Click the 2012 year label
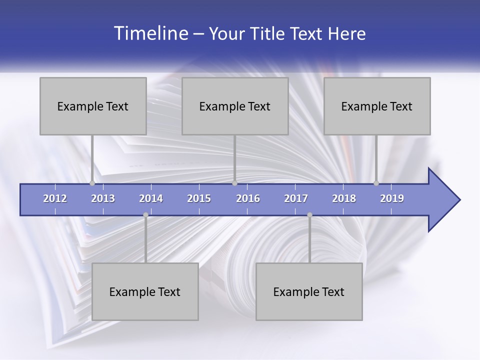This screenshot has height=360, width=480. (55, 198)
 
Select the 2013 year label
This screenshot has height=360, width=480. (103, 198)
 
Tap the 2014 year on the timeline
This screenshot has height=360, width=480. (151, 198)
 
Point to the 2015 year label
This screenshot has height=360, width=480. (199, 198)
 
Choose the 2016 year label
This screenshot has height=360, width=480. (248, 198)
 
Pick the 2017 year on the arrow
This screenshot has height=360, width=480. (296, 198)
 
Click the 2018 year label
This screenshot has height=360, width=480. (344, 198)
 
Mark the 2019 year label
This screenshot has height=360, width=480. (392, 198)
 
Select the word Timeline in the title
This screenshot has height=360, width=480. (150, 33)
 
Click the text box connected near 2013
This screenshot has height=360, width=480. (93, 106)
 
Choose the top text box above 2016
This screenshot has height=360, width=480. (235, 106)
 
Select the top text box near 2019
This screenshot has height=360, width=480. (377, 106)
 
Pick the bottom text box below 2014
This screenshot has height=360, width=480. (145, 291)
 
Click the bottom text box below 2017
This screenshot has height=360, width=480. (309, 291)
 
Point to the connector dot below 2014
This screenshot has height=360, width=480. (145, 215)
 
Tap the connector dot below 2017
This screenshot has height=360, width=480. (309, 215)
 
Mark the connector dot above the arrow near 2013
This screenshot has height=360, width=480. (92, 183)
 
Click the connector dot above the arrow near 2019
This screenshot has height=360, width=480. (376, 183)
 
